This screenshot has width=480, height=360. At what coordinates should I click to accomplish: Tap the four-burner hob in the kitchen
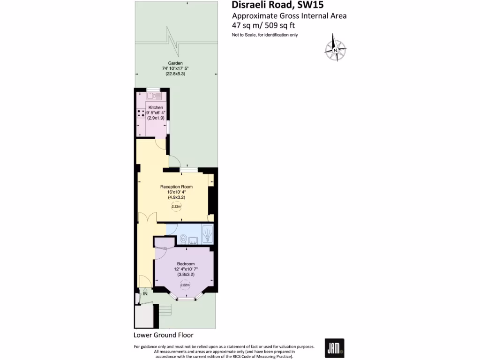coord(141,113)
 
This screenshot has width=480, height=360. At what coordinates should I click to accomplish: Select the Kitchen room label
coord(156,107)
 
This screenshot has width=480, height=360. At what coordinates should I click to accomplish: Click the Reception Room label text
coord(176,187)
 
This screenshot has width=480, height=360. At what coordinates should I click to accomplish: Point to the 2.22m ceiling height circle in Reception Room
coord(176,206)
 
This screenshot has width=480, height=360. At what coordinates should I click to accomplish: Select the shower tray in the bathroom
coord(207,233)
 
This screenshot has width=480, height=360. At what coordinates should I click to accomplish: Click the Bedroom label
coord(186,264)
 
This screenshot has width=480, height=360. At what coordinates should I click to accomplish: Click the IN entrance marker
coord(145,294)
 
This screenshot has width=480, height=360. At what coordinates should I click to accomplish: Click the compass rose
coord(336,48)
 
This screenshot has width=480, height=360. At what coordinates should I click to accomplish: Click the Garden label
coord(176,63)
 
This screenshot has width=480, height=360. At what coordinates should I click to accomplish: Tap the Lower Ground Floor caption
coord(163,335)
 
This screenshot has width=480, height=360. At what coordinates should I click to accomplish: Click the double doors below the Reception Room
coord(147,218)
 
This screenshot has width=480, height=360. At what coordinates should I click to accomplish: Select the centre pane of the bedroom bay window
coord(186,298)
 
